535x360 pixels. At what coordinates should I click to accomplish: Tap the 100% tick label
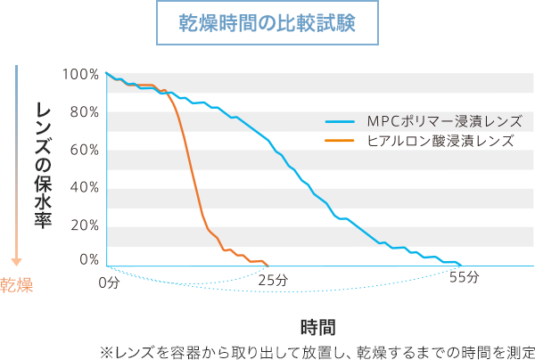pos(81,74)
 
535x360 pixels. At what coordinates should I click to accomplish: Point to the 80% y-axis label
pos(84,111)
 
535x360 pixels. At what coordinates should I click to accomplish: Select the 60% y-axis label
pos(84,149)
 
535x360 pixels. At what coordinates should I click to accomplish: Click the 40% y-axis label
pos(84,186)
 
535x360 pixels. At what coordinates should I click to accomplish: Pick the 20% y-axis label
pos(84,224)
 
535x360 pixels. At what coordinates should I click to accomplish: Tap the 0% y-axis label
pos(87,259)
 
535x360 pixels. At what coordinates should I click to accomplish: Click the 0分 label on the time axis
pos(108,282)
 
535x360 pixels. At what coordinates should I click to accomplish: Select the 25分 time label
pos(272,280)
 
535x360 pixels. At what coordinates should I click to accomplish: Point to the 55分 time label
pos(464,278)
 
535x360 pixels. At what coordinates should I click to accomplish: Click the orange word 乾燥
pos(17,285)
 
